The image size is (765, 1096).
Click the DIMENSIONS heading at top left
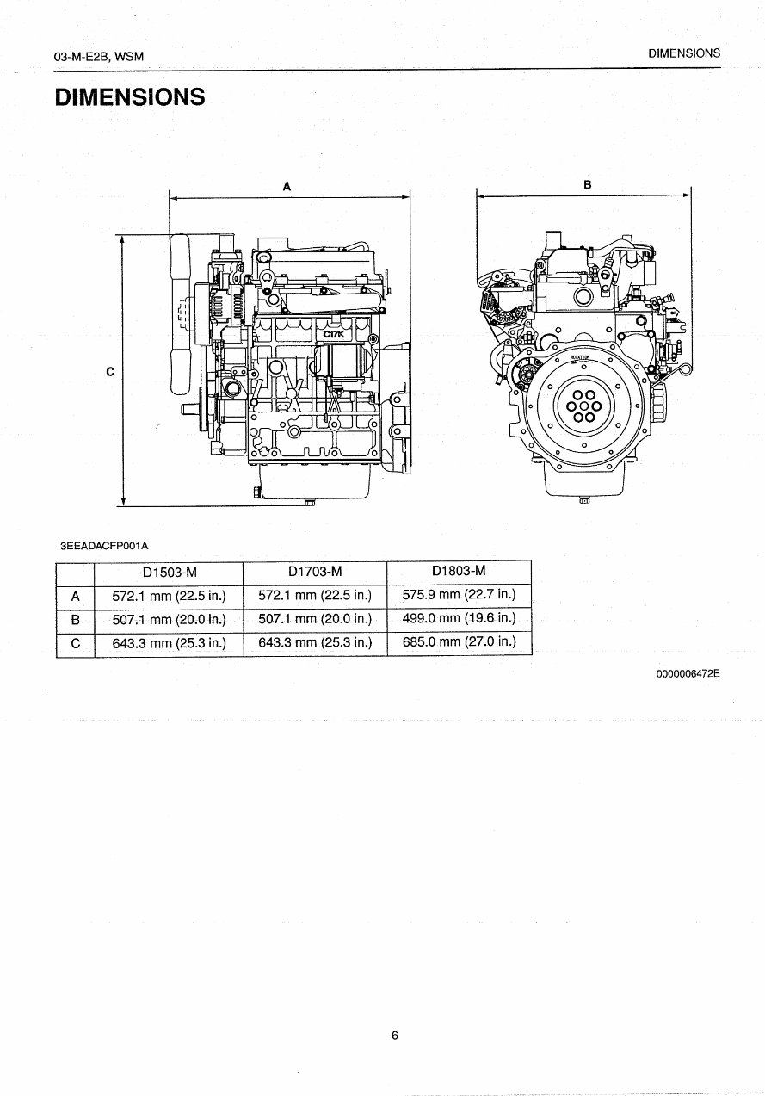(x=130, y=97)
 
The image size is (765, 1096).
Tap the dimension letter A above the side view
(x=287, y=185)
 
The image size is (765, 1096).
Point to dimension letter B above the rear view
(x=587, y=184)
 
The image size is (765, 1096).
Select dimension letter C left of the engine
(x=110, y=372)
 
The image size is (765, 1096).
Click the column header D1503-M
(x=170, y=572)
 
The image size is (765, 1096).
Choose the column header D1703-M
(x=315, y=572)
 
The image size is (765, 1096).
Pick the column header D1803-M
(x=459, y=571)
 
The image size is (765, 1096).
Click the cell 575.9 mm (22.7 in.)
(x=459, y=594)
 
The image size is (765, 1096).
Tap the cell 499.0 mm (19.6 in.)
(x=459, y=618)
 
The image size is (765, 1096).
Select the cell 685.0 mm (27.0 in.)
(x=459, y=641)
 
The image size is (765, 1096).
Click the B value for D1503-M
(x=170, y=619)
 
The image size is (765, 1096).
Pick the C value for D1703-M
(x=315, y=642)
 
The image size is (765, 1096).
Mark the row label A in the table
(x=75, y=595)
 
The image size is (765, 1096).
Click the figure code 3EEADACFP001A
(x=104, y=546)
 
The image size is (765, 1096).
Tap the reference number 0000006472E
(x=688, y=674)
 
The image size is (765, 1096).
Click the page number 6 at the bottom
(x=394, y=1036)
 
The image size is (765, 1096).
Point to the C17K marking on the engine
(x=333, y=335)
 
